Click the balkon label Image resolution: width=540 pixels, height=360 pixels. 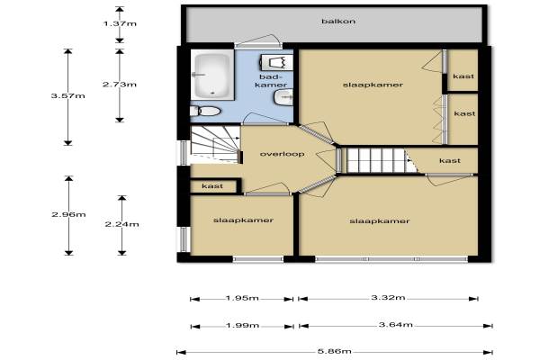(x=338, y=22)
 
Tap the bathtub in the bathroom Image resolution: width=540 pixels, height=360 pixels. (x=212, y=75)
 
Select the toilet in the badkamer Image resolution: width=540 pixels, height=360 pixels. (x=205, y=111)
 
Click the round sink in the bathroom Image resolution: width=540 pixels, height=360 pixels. (x=283, y=97)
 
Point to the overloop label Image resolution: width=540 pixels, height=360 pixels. (x=282, y=154)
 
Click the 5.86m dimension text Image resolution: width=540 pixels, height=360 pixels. (x=335, y=351)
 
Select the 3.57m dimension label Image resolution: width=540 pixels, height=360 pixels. (x=67, y=95)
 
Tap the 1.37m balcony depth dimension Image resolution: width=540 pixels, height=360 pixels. (x=120, y=23)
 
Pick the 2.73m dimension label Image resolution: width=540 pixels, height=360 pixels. (x=120, y=85)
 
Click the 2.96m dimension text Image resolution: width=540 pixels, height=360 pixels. (x=68, y=214)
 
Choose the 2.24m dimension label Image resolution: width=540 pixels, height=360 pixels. (x=121, y=224)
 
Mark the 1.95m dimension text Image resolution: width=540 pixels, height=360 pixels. (x=242, y=298)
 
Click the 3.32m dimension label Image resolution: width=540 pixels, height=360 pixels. (x=388, y=297)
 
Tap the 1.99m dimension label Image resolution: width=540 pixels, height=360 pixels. (x=242, y=325)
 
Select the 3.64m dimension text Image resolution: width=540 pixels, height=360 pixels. (x=396, y=325)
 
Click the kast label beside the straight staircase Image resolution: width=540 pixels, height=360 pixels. (x=450, y=160)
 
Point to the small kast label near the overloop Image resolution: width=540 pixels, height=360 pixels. (x=212, y=186)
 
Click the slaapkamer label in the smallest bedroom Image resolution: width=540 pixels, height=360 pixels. (x=243, y=220)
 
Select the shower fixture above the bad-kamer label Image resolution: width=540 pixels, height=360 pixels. (x=275, y=62)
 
